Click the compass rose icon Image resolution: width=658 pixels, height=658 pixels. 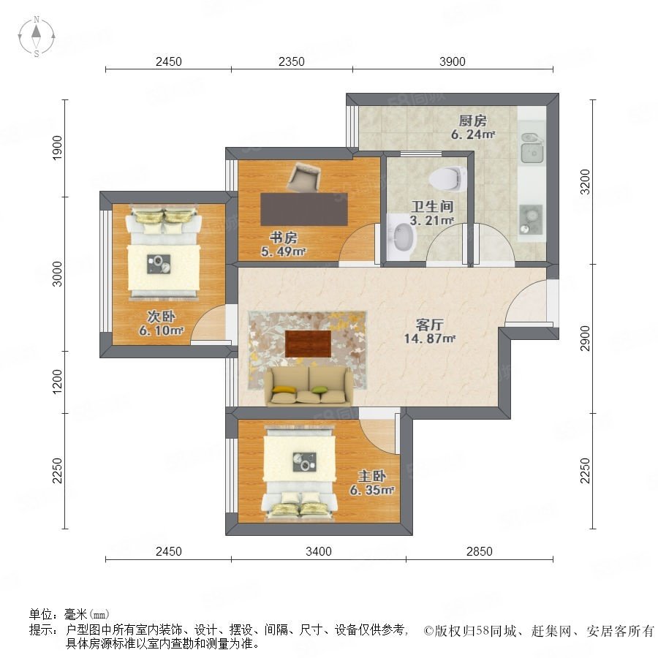point(37,37)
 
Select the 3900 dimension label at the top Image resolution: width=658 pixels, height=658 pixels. point(453,61)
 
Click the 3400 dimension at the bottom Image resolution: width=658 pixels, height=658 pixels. point(319,551)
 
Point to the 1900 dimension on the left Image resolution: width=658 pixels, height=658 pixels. point(57,148)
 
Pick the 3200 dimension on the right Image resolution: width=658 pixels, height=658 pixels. point(585,182)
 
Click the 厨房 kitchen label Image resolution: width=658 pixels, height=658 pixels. point(472,121)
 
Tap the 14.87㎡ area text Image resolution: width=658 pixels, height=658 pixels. point(430,339)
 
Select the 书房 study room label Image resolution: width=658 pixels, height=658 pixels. point(284,238)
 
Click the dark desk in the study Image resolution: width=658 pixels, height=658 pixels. point(304,209)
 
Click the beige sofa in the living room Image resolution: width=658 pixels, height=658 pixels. point(309,386)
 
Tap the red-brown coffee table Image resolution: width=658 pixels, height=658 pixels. point(308,344)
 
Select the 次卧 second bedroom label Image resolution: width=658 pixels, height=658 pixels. point(161,317)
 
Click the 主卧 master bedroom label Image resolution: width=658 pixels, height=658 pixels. point(372,476)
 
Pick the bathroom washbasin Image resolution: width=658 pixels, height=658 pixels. point(402,237)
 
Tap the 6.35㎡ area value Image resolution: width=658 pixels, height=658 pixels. point(372,490)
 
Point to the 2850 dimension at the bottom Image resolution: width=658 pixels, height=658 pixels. point(479,551)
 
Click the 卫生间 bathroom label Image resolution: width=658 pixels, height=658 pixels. point(432,206)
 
